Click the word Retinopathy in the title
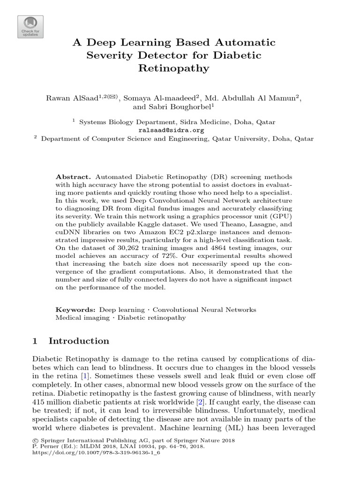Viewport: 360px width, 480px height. [x=174, y=68]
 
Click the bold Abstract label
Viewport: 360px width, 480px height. [x=73, y=177]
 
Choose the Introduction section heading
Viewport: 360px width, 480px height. [x=79, y=341]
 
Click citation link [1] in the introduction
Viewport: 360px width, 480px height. [x=85, y=376]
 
